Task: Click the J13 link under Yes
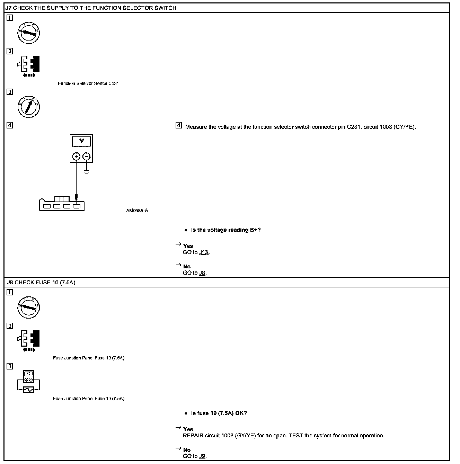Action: point(204,252)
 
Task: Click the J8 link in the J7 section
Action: point(203,273)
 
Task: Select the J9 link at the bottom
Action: point(203,456)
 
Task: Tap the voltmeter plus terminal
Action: point(76,157)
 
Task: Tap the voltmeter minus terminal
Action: point(87,157)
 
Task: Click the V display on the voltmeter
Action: point(81,141)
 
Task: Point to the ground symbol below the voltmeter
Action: point(86,171)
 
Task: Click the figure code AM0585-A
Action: point(137,211)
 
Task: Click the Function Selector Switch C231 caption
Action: point(88,83)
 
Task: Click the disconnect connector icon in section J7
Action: point(28,66)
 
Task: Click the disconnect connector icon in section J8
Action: point(28,340)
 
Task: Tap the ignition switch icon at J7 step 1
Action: point(29,33)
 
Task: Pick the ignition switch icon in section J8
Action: point(29,307)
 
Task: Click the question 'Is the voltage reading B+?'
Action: point(225,230)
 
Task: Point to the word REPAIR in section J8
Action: point(193,436)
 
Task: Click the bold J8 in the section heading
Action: point(10,283)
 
